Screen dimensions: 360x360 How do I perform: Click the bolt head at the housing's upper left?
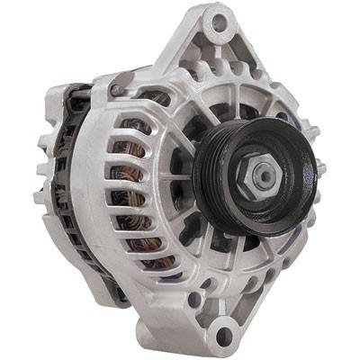pos(115,89)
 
